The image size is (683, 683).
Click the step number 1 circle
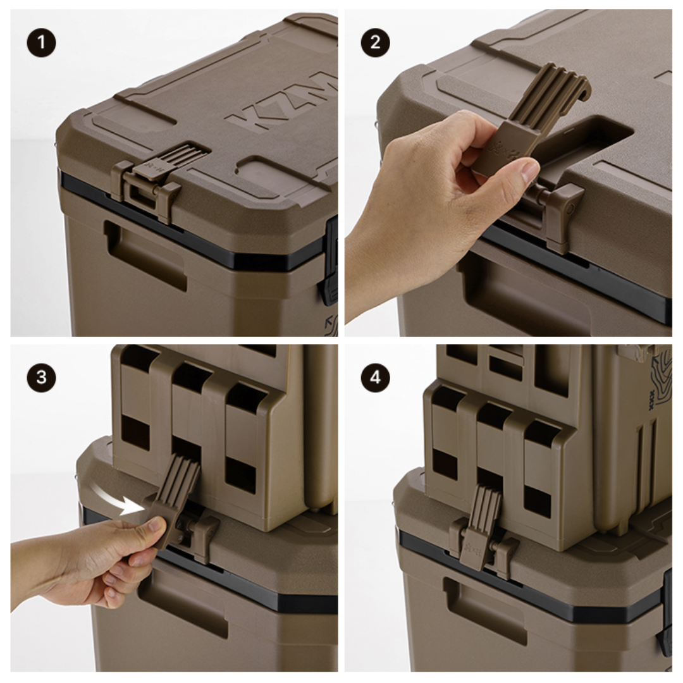coord(41,44)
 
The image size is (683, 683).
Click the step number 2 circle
coord(376,44)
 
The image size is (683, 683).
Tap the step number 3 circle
coord(41,378)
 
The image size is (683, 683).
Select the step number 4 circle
coord(376,378)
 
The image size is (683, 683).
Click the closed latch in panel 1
coord(152,177)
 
